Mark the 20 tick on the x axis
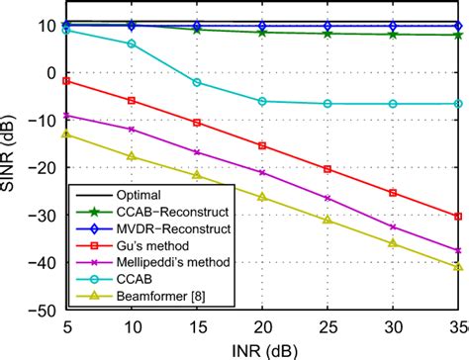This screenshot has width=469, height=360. [262, 325]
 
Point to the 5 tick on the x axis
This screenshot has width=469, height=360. [66, 325]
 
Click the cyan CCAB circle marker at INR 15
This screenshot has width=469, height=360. [197, 82]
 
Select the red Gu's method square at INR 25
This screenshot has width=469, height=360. [328, 169]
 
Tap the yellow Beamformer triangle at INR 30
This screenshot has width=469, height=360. [393, 243]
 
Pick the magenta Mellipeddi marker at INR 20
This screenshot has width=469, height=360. [262, 172]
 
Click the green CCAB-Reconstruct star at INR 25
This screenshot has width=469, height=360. [328, 33]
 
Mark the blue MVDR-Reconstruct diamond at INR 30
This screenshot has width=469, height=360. [393, 26]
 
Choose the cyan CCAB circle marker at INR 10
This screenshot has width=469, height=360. [132, 44]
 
